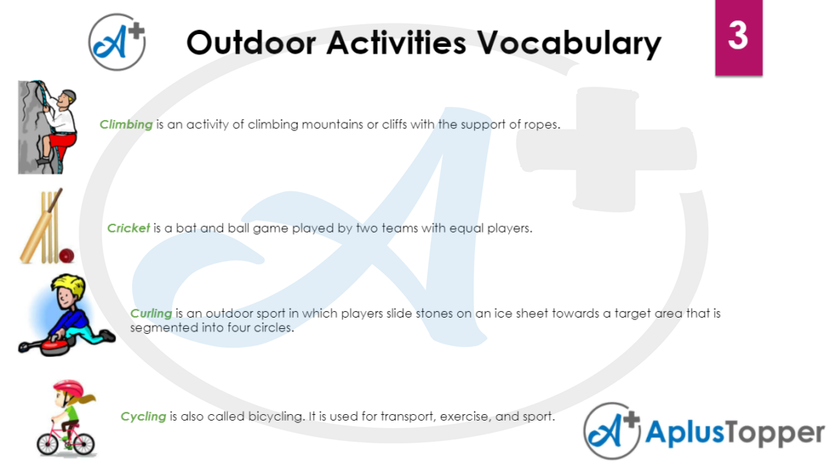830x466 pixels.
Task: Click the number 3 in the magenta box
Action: tap(737, 36)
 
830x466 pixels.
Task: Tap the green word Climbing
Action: tap(126, 125)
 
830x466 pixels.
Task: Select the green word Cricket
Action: tap(128, 229)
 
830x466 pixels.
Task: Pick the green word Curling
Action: tap(151, 314)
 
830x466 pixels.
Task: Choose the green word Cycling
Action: tap(143, 417)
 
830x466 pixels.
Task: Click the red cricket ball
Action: tap(67, 255)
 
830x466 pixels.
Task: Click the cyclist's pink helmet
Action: tap(68, 388)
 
